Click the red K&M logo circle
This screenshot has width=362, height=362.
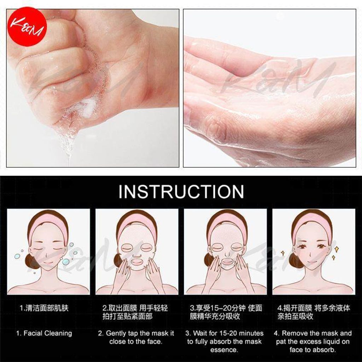click(x=27, y=27)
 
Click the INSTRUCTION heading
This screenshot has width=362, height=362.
click(x=181, y=191)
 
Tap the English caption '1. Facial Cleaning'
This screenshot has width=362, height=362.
click(x=44, y=333)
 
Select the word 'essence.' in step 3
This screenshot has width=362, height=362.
click(x=224, y=350)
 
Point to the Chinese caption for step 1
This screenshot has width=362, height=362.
click(x=44, y=308)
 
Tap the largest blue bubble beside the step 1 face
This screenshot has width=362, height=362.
click(x=65, y=261)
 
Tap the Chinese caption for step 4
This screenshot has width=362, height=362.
click(x=314, y=312)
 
